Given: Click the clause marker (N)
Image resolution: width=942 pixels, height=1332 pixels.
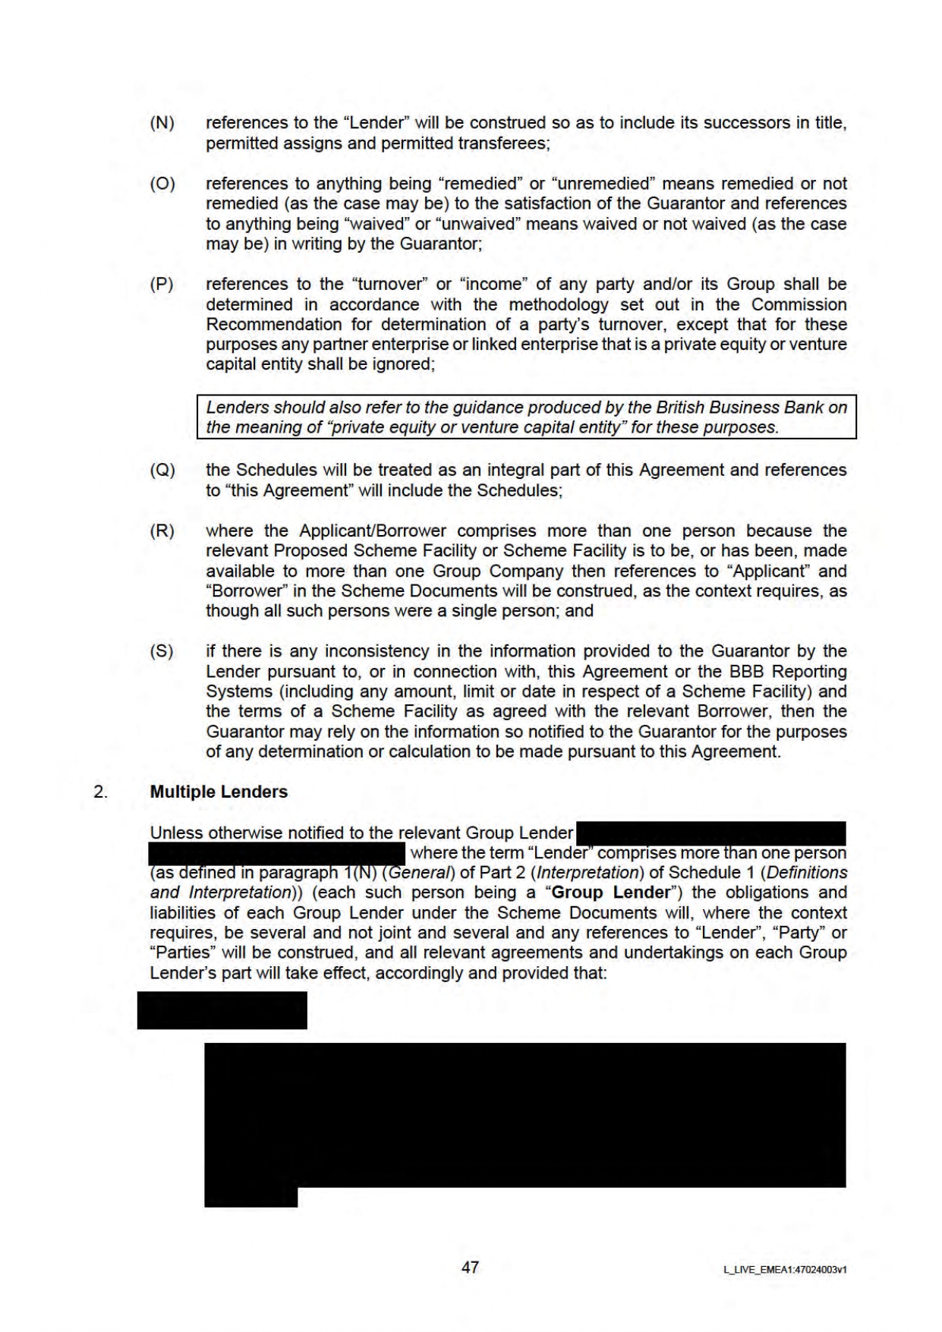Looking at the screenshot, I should tap(162, 123).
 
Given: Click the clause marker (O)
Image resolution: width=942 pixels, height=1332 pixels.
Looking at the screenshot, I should tap(162, 184).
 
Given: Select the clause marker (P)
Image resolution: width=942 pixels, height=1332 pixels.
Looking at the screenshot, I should tap(162, 285).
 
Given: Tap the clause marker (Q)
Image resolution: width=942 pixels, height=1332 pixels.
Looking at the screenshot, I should tap(162, 471).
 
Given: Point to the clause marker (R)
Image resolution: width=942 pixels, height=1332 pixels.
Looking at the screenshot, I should tap(162, 531).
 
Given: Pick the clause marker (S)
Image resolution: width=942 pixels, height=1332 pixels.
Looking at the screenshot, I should tap(162, 651).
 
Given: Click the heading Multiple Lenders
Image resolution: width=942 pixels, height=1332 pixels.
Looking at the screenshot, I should tap(219, 792).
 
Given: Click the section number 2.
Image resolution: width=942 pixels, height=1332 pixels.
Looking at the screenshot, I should tap(99, 792).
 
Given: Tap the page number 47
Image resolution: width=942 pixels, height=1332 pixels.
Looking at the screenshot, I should tap(470, 1267).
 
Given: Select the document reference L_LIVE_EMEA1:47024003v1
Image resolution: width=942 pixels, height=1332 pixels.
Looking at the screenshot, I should tap(785, 1269).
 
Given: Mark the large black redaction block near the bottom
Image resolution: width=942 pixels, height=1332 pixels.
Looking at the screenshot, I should tap(525, 1114).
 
